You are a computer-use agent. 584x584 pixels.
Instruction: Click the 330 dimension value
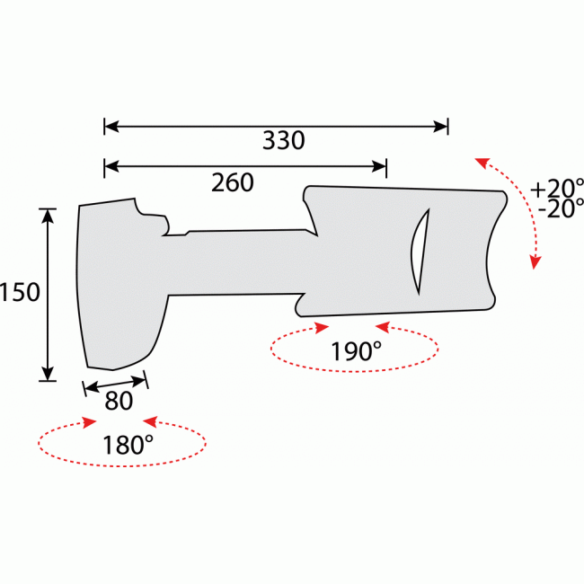click(x=283, y=141)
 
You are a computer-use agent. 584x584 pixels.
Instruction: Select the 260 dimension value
click(x=233, y=182)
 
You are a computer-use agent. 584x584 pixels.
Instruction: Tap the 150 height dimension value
click(x=21, y=293)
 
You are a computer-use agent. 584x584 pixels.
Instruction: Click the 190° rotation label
click(x=355, y=352)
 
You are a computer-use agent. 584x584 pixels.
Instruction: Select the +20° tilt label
click(x=556, y=189)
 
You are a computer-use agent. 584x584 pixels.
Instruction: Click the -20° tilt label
click(x=556, y=209)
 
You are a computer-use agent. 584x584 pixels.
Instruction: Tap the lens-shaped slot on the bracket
click(x=418, y=251)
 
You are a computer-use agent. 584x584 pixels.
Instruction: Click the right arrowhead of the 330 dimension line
click(x=441, y=127)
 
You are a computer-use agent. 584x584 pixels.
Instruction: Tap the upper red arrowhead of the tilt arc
click(x=482, y=163)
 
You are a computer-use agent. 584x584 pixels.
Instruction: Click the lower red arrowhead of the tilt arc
click(x=535, y=262)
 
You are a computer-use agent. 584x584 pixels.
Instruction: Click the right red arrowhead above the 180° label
click(x=150, y=420)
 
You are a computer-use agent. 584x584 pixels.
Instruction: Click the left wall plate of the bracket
click(x=117, y=288)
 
